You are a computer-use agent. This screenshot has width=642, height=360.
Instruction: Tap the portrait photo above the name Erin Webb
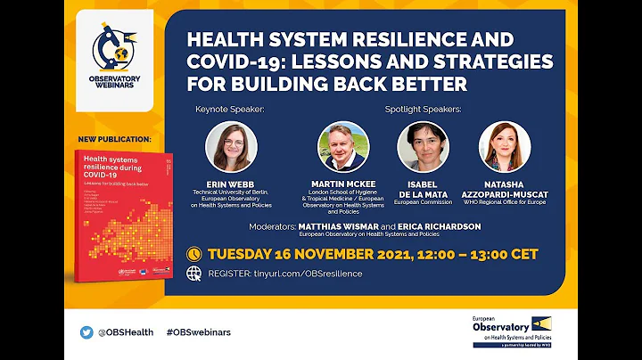230,146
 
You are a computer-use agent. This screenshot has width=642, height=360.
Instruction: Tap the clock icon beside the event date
193,254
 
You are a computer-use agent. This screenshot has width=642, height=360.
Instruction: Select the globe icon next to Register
193,274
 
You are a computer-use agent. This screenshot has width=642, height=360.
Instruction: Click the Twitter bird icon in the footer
86,332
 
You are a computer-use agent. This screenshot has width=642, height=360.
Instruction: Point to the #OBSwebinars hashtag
198,332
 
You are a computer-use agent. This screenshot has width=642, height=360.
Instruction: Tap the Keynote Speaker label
230,110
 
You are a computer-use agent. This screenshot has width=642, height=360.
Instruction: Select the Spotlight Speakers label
423,110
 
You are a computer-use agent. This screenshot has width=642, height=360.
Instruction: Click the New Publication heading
113,140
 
